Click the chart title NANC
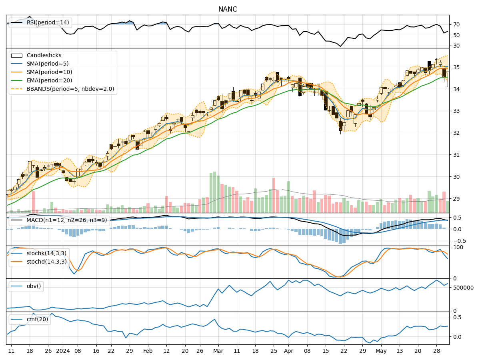tap(228, 9)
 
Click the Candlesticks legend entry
tap(44, 55)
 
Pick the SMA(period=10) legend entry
tap(49, 72)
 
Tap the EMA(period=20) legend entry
tap(49, 80)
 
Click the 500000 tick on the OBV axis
tap(462, 288)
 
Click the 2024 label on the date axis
tap(63, 351)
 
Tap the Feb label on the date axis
tap(148, 351)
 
